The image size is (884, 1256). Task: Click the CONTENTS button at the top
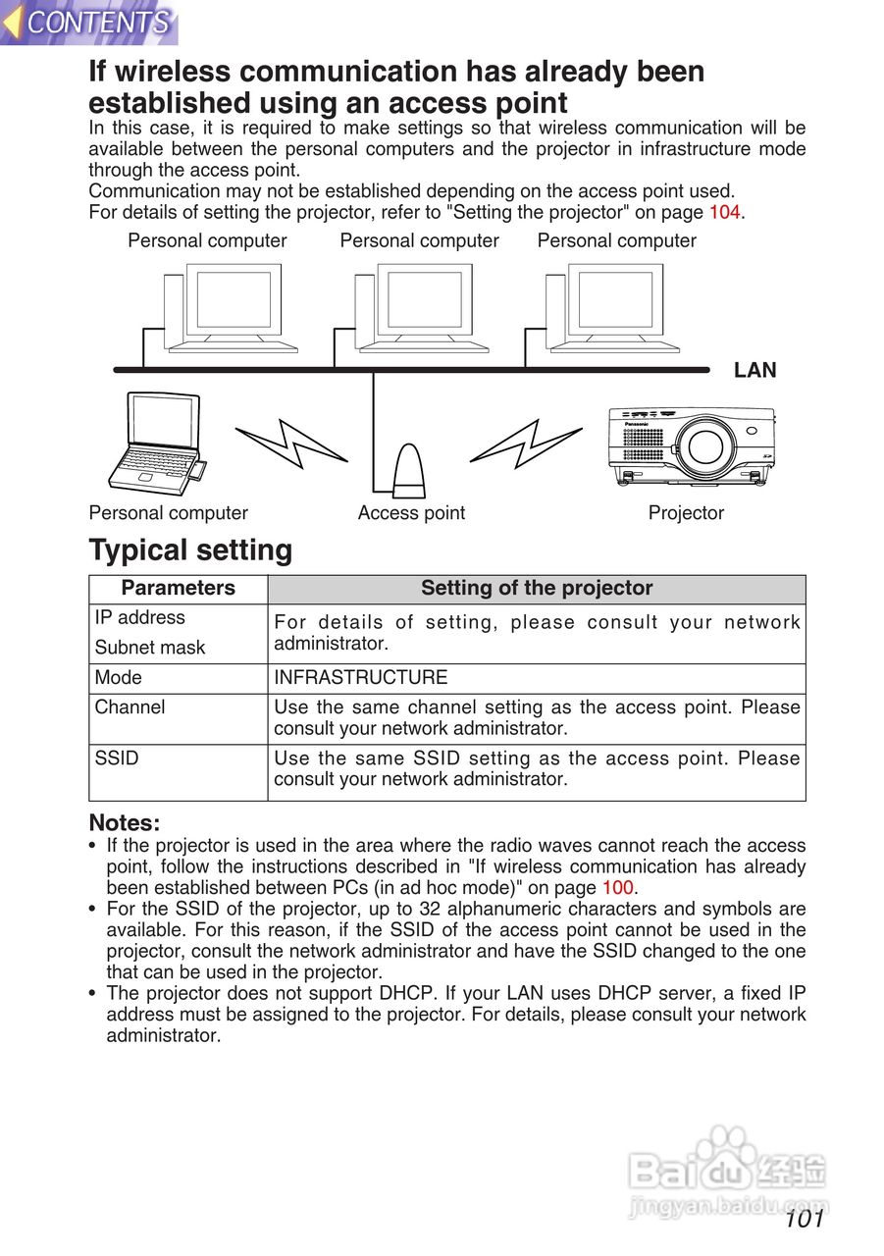pyautogui.click(x=90, y=22)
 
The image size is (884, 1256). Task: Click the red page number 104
pyautogui.click(x=725, y=212)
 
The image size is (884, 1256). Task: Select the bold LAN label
pyautogui.click(x=754, y=370)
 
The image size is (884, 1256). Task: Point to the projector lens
pyautogui.click(x=705, y=446)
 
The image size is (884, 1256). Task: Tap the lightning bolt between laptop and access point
pyautogui.click(x=290, y=443)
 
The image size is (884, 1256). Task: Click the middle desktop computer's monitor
pyautogui.click(x=424, y=299)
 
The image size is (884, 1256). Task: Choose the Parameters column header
pyautogui.click(x=178, y=589)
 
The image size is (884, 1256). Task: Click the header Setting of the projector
pyautogui.click(x=536, y=589)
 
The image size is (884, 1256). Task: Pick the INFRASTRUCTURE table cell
pyautogui.click(x=360, y=678)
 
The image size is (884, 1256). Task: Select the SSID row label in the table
pyautogui.click(x=117, y=759)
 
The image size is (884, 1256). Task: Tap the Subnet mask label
pyautogui.click(x=150, y=648)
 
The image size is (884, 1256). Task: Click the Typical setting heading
pyautogui.click(x=190, y=550)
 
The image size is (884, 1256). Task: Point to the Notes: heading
pyautogui.click(x=124, y=822)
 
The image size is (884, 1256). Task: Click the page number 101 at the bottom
pyautogui.click(x=804, y=1220)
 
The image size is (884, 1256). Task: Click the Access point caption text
pyautogui.click(x=411, y=513)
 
